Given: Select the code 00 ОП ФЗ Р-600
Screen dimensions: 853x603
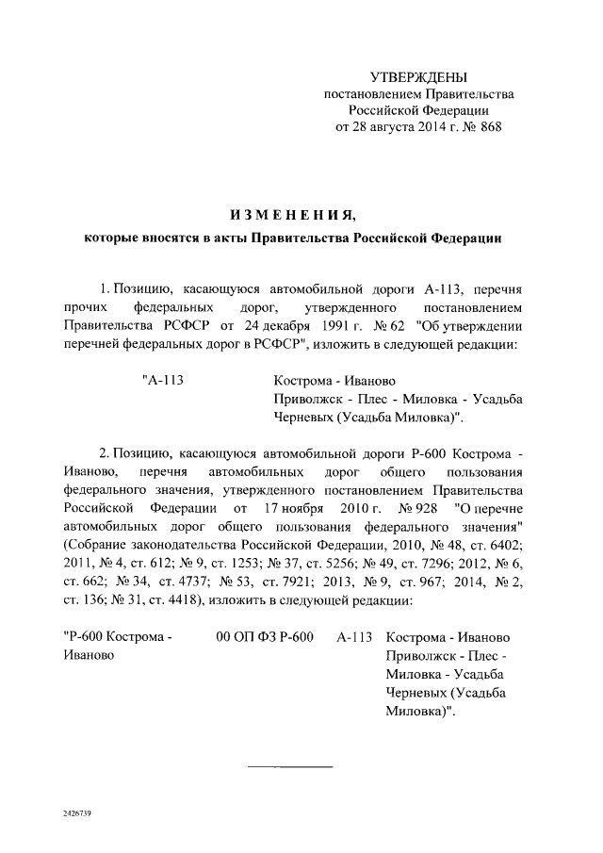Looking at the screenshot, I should click(265, 638).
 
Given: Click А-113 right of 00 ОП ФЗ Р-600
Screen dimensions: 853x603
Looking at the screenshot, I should click(355, 638).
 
